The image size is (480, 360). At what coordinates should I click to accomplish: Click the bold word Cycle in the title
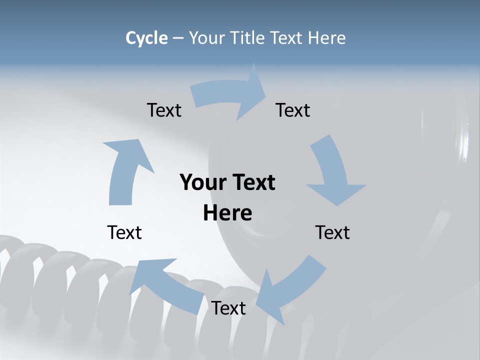146,38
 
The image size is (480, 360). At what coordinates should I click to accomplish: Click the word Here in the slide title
326,38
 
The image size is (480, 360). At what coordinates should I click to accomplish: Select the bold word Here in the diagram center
227,213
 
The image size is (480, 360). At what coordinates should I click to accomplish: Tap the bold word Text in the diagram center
251,182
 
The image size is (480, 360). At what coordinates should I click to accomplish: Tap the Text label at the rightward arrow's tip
293,110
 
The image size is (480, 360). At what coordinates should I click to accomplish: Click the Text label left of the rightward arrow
164,110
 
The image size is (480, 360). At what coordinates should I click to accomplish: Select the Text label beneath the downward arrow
332,232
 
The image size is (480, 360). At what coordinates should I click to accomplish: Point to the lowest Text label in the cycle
228,308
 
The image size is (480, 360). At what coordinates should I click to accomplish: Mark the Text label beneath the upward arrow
124,232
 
